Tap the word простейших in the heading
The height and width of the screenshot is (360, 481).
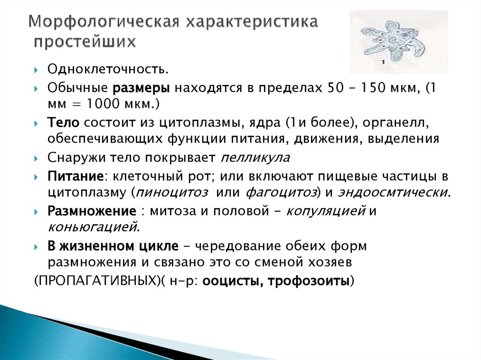[85, 42]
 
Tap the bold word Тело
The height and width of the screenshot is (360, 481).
[64, 122]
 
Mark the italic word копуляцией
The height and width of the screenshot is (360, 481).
[326, 211]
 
